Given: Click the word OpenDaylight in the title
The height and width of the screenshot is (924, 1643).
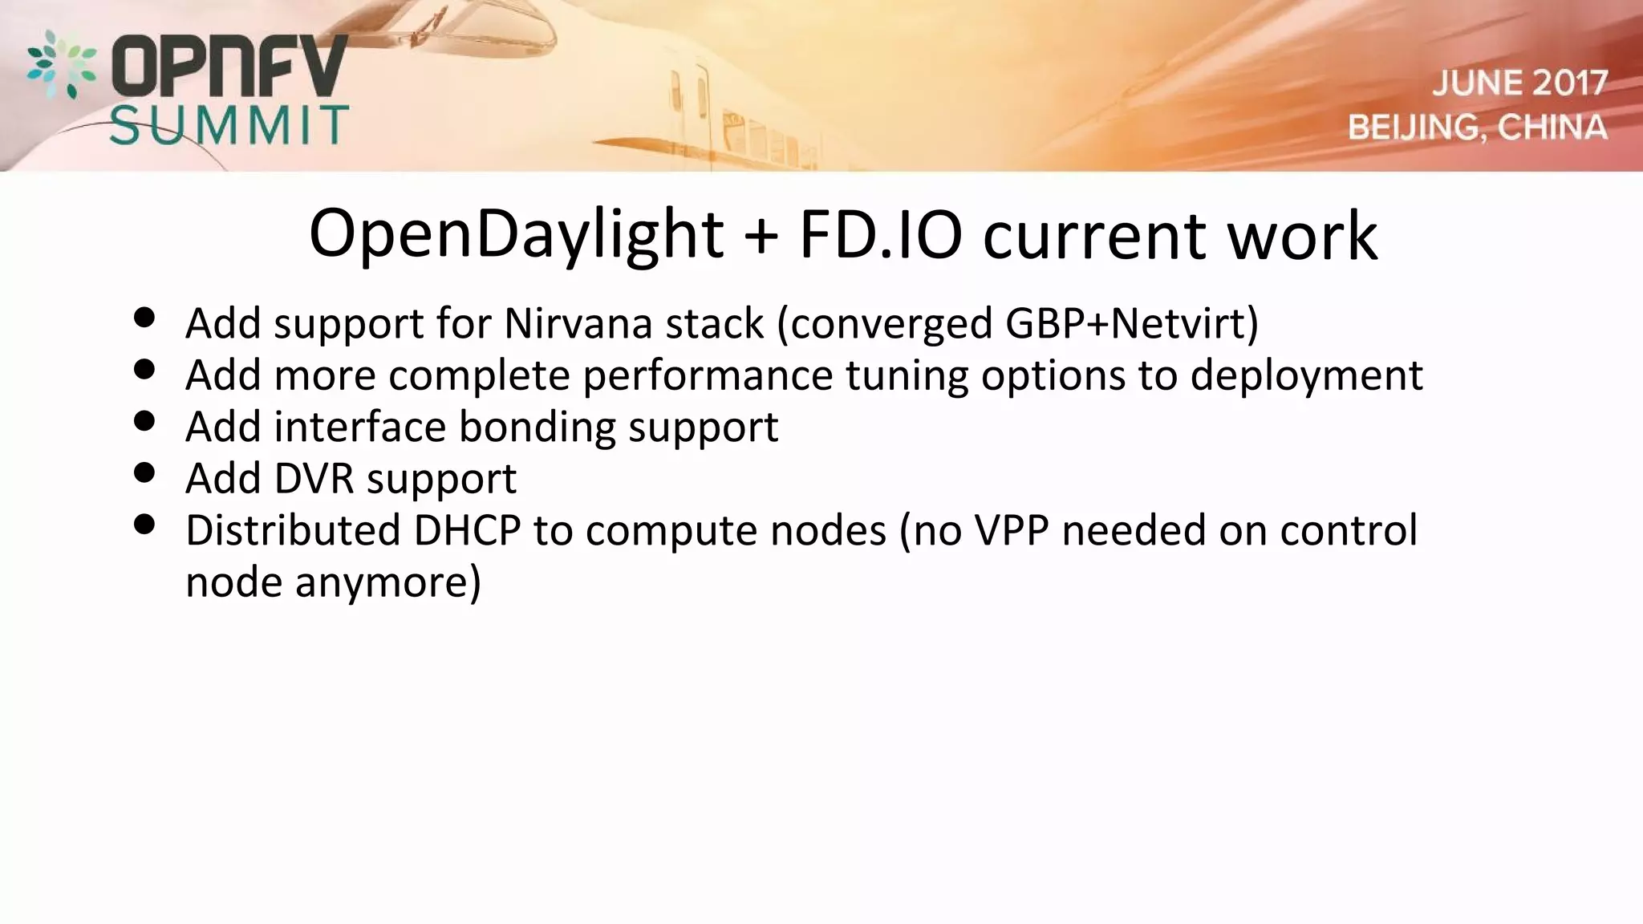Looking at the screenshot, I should click(x=517, y=235).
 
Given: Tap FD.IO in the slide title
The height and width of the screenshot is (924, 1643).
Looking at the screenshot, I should click(x=880, y=235).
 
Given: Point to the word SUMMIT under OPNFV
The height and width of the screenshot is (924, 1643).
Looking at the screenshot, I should click(x=229, y=125).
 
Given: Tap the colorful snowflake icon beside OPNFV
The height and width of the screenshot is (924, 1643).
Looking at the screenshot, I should click(x=61, y=64).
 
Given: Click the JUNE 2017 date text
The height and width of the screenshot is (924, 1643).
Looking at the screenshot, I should click(x=1519, y=83).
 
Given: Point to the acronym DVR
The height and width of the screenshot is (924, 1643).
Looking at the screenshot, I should click(x=314, y=479).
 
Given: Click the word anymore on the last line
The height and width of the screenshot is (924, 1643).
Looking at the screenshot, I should click(x=387, y=582).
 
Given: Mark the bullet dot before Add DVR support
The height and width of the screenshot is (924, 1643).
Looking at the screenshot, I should click(x=144, y=472).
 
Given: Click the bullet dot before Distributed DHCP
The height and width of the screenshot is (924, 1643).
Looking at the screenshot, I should click(x=144, y=525).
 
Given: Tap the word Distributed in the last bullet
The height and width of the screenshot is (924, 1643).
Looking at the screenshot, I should click(x=293, y=530).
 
